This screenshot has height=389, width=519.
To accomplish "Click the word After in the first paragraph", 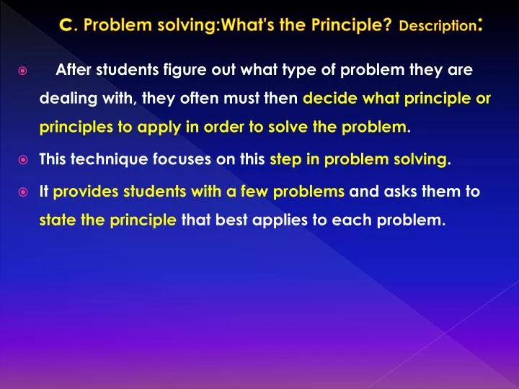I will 72,71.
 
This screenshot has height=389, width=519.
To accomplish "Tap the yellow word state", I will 56,221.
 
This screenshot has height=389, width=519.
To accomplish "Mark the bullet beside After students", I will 23,71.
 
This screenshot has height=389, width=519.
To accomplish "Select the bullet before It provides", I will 23,192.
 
